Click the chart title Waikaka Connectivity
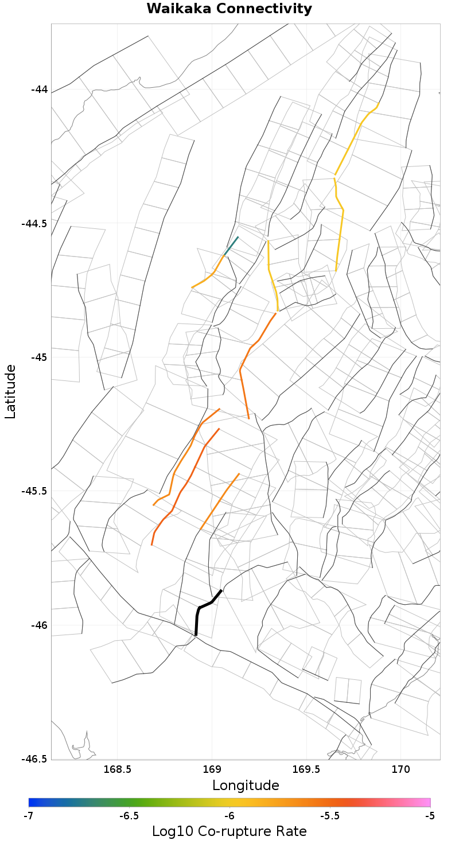(x=229, y=9)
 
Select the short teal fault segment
(x=231, y=246)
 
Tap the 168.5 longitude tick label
(x=117, y=769)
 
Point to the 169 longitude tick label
(x=212, y=769)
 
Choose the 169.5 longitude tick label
(x=306, y=769)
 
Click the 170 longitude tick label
(x=400, y=769)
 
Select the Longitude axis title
(x=246, y=785)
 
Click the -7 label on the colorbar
(x=29, y=816)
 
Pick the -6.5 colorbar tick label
(x=129, y=816)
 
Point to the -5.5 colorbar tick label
(x=329, y=816)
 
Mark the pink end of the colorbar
(x=426, y=802)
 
